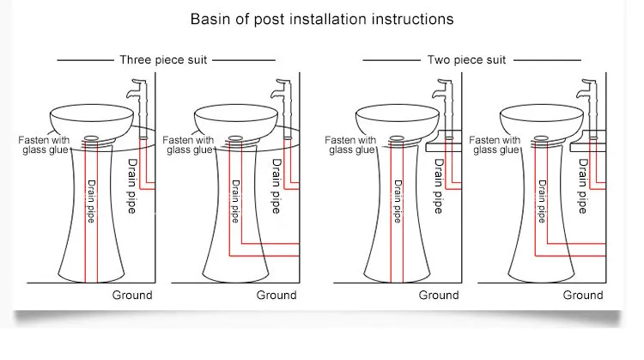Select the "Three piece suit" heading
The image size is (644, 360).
pos(163,60)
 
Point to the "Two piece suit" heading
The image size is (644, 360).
pos(466,60)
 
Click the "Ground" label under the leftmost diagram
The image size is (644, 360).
pos(132,295)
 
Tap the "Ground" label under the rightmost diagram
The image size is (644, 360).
pos(583,295)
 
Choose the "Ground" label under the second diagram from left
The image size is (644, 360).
pos(276,295)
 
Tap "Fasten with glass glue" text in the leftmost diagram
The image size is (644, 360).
pos(44,145)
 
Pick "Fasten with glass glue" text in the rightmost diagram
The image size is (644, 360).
pos(495,145)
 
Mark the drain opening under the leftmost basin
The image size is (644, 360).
pos(91,138)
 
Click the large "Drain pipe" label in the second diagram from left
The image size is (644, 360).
pos(276,186)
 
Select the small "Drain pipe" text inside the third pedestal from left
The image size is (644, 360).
pos(398,201)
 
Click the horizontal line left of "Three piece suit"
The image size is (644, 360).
pos(85,60)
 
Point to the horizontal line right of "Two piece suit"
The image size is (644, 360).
pos(547,60)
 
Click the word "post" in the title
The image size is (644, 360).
pos(269,20)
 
